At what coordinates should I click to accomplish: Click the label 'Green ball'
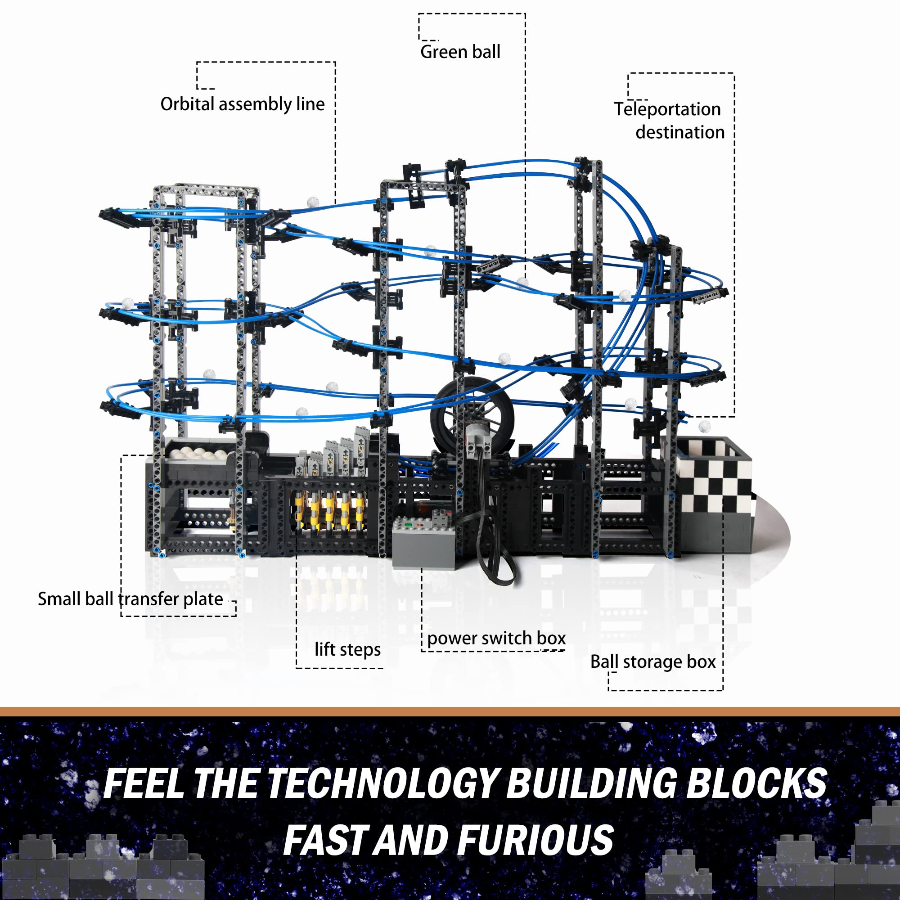point(460,52)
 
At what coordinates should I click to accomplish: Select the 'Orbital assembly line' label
point(242,104)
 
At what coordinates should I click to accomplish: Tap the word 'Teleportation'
point(667,109)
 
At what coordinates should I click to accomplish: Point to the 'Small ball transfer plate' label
point(130,599)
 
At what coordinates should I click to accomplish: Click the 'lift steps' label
point(347,649)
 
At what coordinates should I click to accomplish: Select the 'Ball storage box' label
point(652,661)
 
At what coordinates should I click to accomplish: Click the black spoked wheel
point(472,414)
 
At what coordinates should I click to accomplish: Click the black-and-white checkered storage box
point(713,494)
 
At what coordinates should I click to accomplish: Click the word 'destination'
point(680,132)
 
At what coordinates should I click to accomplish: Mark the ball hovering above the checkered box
point(704,427)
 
